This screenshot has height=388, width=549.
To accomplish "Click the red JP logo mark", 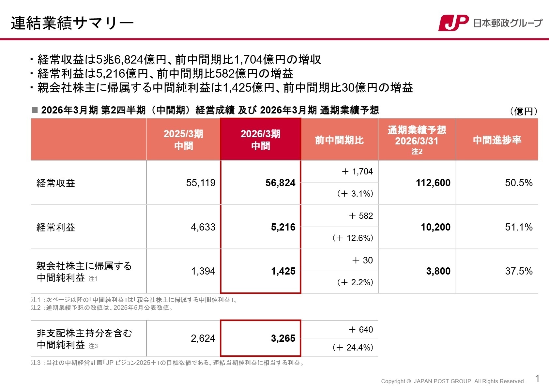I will pyautogui.click(x=453, y=23).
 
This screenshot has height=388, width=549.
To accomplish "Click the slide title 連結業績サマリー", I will pyautogui.click(x=72, y=23).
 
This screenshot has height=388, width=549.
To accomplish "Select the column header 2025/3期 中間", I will pyautogui.click(x=183, y=140).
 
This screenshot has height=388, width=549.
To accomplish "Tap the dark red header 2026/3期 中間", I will pyautogui.click(x=260, y=140).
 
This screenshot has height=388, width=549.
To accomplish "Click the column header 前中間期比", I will pyautogui.click(x=339, y=140).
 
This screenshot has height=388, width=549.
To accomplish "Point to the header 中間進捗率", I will pyautogui.click(x=497, y=140).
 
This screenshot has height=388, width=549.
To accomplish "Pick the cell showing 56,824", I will pyautogui.click(x=280, y=183).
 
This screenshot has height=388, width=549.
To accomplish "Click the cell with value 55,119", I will pyautogui.click(x=201, y=183).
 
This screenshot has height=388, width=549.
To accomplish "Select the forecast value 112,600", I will pyautogui.click(x=433, y=183).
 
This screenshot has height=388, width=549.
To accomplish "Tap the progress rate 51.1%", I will pyautogui.click(x=519, y=227).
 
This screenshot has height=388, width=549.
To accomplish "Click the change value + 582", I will pyautogui.click(x=361, y=216).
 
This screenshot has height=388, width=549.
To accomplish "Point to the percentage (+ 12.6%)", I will pyautogui.click(x=353, y=238).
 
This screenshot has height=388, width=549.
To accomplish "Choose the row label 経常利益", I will pyautogui.click(x=56, y=227).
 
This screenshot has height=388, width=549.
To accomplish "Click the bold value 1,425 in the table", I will pyautogui.click(x=283, y=271).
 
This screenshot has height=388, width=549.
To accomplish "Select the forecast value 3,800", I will pyautogui.click(x=438, y=271).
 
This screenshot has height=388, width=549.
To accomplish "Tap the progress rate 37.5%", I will pyautogui.click(x=519, y=271).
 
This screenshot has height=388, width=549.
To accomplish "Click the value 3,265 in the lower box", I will pyautogui.click(x=283, y=338).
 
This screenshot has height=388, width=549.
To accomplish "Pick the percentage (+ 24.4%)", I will pyautogui.click(x=353, y=348).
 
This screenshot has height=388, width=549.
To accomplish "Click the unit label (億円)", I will pyautogui.click(x=523, y=112).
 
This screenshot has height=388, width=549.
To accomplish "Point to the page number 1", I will pyautogui.click(x=537, y=379).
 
